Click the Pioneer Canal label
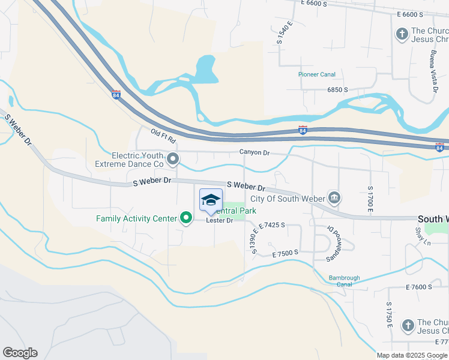[317, 74]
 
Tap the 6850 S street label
[337, 89]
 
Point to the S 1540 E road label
[284, 32]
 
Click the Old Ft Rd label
[163, 136]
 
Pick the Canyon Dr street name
[255, 152]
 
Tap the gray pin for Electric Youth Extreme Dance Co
[173, 159]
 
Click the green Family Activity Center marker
[186, 218]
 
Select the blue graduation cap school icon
[211, 200]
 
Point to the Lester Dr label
[219, 220]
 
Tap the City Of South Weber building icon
[334, 197]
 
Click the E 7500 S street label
[285, 254]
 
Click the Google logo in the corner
[20, 353]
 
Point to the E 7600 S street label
[419, 287]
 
